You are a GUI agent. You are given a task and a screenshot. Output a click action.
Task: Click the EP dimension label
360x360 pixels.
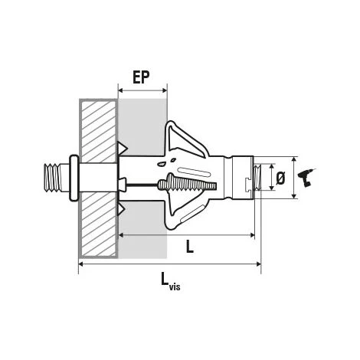click(141, 77)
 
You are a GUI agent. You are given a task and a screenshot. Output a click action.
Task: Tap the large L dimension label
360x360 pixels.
click(189, 247)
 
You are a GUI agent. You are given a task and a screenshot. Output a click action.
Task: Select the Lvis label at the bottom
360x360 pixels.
click(171, 281)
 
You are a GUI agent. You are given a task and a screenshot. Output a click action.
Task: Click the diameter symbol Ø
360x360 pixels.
click(280, 178)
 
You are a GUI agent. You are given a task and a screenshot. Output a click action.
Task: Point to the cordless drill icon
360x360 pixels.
click(306, 178)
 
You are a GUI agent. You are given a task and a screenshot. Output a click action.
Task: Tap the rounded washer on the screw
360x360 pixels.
click(74, 178)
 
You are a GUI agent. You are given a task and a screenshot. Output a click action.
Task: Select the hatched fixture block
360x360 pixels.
click(99, 178)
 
